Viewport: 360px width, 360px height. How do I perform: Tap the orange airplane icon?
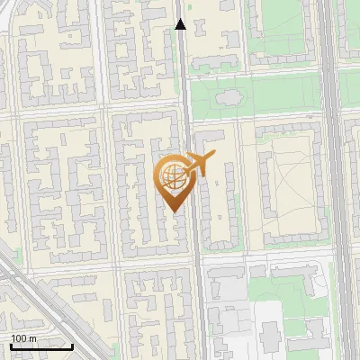(200, 164)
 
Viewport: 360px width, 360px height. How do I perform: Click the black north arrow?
(180, 24)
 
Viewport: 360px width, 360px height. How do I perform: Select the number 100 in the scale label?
(19, 338)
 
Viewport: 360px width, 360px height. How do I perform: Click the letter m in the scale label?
(33, 338)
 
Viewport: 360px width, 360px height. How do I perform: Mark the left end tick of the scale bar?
(11, 346)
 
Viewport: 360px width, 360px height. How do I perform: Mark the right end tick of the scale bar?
(73, 346)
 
